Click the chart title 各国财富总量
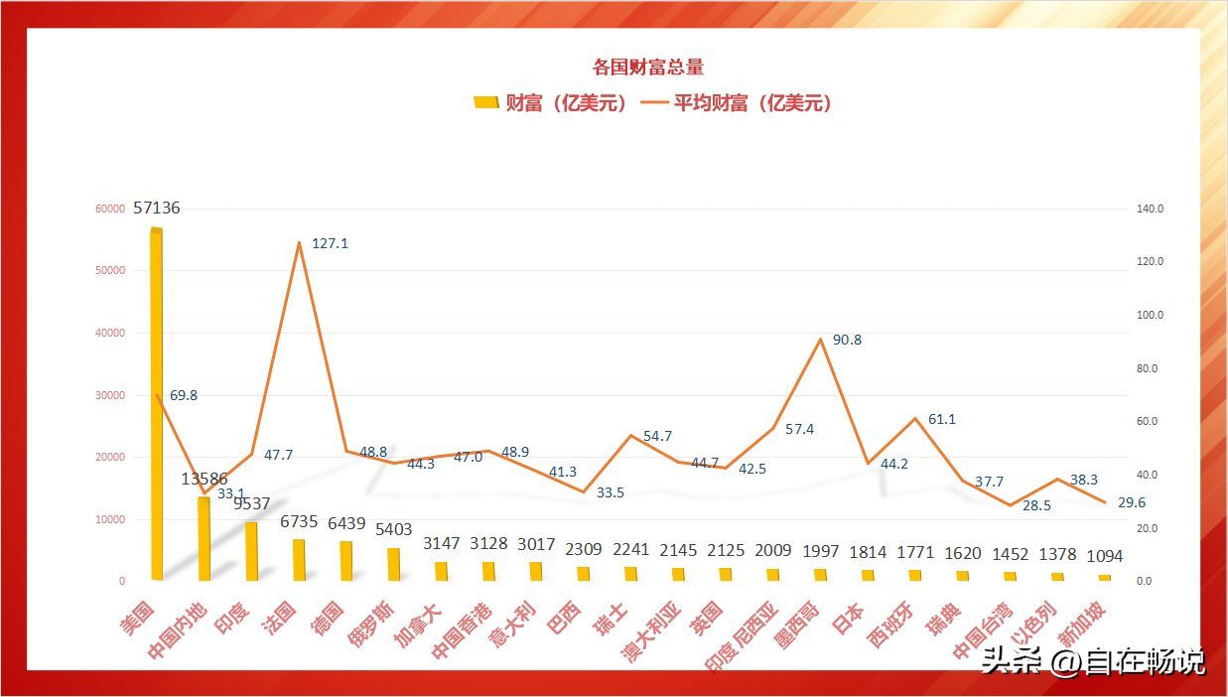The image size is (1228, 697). [x=647, y=68]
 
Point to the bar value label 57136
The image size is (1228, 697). [x=157, y=209]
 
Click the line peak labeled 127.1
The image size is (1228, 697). [x=299, y=242]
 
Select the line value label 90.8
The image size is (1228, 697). [x=847, y=340]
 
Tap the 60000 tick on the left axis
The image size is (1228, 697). [x=110, y=209]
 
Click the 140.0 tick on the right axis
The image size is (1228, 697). [x=1151, y=209]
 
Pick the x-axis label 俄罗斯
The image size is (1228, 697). [x=371, y=625]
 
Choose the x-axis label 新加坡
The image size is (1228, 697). [x=1081, y=624]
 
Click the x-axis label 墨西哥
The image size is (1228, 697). [x=798, y=625]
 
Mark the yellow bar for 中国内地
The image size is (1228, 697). [x=204, y=538]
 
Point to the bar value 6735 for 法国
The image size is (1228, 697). [x=299, y=521]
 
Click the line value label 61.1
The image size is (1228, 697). [x=942, y=419]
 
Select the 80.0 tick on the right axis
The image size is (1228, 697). [x=1151, y=368]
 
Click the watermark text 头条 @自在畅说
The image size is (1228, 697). [x=1093, y=660]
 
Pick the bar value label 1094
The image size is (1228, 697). [x=1104, y=556]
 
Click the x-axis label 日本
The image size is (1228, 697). [x=848, y=615]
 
